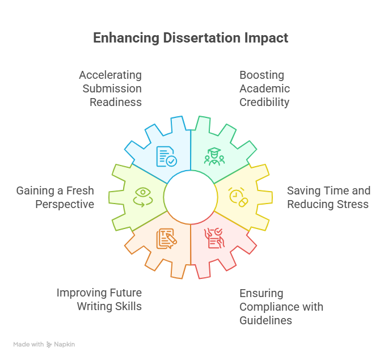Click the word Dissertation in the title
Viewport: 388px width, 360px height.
[x=201, y=38]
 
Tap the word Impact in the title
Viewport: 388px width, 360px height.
[x=266, y=39]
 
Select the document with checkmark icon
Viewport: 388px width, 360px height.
[x=167, y=156]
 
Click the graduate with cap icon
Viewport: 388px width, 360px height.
[x=214, y=156]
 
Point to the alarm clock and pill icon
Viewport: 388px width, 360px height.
[x=238, y=197]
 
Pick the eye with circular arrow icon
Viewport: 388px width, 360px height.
[x=143, y=197]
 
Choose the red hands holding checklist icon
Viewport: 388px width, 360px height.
[x=214, y=238]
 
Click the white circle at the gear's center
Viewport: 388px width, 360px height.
[x=191, y=197]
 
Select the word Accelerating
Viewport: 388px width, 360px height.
[x=111, y=75]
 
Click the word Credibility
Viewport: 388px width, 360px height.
[x=264, y=103]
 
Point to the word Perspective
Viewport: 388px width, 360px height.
[x=65, y=205]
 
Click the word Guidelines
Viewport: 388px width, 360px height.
[x=266, y=320]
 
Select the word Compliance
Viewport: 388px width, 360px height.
[x=268, y=307]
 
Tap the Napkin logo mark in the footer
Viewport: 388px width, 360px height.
[x=49, y=345]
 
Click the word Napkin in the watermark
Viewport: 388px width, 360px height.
[x=64, y=345]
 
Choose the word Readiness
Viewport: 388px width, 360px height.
[x=116, y=103]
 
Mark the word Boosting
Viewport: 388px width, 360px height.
[x=262, y=75]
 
